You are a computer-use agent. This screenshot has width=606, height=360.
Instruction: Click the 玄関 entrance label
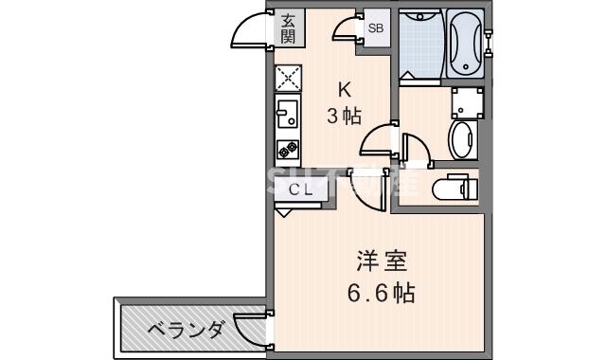point(286,30)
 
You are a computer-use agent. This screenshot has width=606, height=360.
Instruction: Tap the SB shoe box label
point(376,28)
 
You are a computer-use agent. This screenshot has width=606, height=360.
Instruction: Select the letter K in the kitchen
point(345,91)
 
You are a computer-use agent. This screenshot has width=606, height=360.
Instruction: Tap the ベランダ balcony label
point(186,330)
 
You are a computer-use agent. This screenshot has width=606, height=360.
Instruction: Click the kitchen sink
point(288,117)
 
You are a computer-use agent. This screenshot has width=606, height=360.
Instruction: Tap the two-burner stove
point(288,150)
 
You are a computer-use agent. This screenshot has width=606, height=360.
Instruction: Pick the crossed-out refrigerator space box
point(288,79)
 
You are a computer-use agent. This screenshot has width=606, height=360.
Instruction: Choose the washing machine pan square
point(468,100)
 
